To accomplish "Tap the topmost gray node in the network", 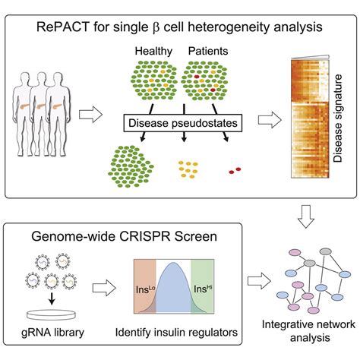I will pyautogui.click(x=309, y=264).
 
